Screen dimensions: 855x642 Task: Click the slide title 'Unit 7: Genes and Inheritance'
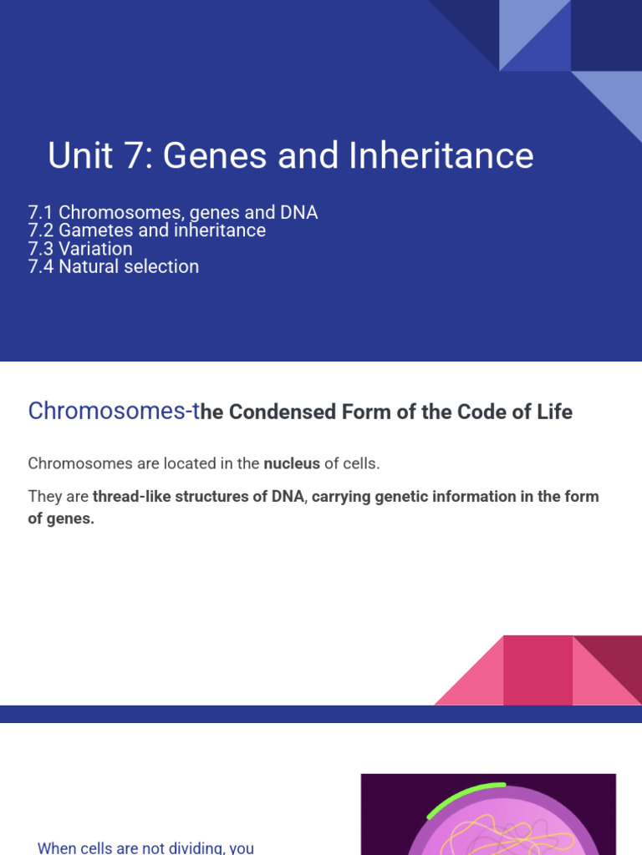pos(290,156)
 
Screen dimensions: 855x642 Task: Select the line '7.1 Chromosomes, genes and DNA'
pos(173,212)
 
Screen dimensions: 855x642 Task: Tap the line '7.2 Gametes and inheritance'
pos(147,230)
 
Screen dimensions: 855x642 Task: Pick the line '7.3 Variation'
pos(80,249)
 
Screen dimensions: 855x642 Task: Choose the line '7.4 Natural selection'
pos(114,267)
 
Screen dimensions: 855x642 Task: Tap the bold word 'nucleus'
pos(292,463)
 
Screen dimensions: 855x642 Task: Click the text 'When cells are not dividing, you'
pos(145,847)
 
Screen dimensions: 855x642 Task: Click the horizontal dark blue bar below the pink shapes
pos(321,714)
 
